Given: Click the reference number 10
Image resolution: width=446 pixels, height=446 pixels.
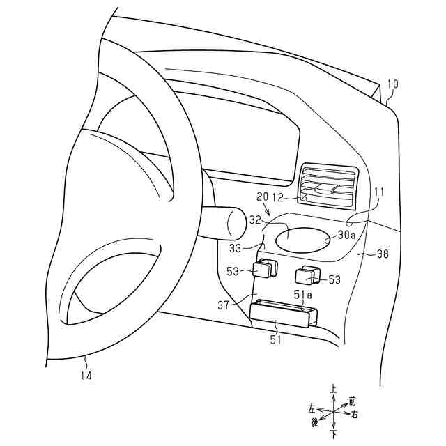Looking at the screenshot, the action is [392, 85].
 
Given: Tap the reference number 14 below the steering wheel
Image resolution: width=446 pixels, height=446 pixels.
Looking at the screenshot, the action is [85, 375].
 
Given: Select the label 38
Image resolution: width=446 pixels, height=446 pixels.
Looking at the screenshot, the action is [382, 256].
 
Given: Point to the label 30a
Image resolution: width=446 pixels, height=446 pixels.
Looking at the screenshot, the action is [347, 236].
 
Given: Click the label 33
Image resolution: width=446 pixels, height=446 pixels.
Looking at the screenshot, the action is [237, 247].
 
